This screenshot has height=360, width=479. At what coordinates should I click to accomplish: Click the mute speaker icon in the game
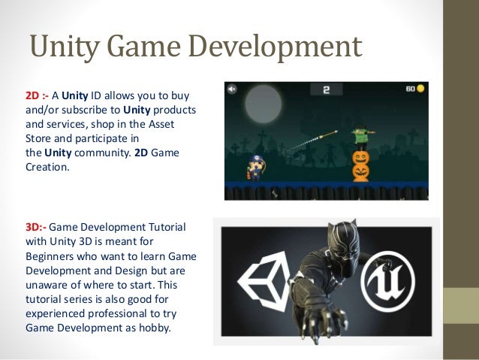233,89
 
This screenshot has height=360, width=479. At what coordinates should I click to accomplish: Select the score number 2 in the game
327,90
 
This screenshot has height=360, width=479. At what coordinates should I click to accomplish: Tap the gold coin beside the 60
420,88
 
